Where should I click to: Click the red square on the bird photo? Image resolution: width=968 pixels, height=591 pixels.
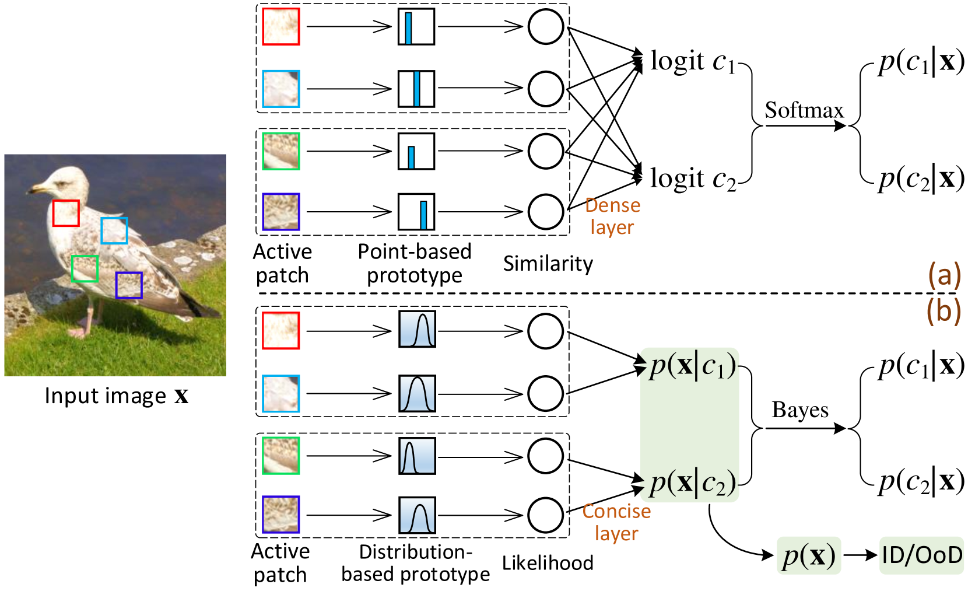(66, 213)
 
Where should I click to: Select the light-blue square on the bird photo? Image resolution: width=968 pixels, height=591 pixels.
(114, 230)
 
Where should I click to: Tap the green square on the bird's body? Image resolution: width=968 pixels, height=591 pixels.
(85, 268)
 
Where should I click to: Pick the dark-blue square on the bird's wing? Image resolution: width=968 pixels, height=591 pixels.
(129, 285)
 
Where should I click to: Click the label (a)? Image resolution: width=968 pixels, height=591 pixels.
(944, 275)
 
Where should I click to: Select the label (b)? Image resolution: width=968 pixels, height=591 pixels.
(944, 311)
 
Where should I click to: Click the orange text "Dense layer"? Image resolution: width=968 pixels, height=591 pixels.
(612, 216)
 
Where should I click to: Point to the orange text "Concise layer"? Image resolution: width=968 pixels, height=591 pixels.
(616, 522)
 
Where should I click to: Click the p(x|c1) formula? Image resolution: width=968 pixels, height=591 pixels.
(692, 366)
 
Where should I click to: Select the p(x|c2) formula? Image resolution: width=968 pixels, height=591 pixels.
(692, 483)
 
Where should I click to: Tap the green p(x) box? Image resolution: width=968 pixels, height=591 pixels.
(809, 555)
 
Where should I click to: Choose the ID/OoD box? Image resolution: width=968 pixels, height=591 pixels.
(921, 555)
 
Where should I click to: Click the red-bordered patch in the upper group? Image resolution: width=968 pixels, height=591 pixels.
(281, 27)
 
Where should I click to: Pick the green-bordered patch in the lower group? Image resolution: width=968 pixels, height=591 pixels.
(281, 455)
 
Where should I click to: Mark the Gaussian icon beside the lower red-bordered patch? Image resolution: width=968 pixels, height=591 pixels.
(418, 329)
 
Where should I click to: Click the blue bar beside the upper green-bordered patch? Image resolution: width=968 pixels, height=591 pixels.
(412, 158)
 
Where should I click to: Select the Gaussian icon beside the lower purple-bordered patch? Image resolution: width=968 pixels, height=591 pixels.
(418, 515)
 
